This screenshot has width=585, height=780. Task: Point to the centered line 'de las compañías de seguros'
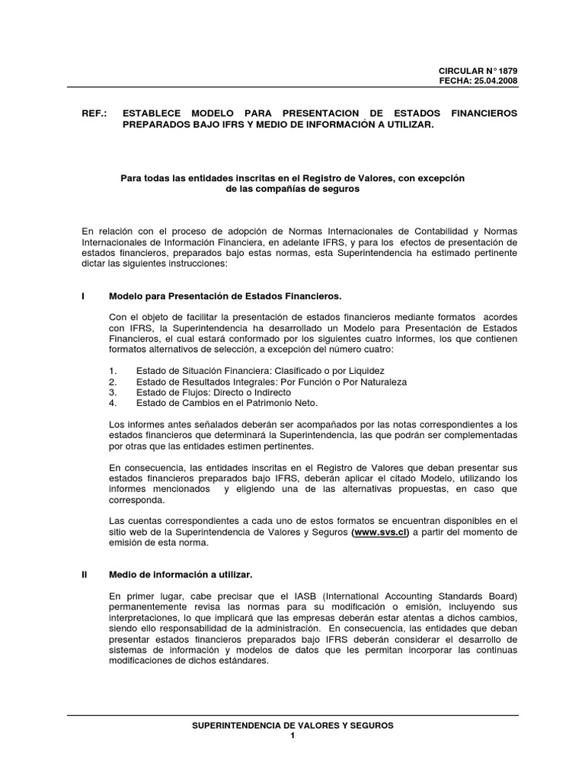(293, 189)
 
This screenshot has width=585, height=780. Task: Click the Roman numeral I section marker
(82, 296)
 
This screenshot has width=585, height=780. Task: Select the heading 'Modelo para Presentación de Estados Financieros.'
(225, 296)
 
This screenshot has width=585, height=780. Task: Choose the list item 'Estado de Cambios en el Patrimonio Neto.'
(226, 402)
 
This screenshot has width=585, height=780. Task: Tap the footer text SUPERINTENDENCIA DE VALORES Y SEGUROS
(292, 726)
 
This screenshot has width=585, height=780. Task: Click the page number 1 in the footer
(292, 737)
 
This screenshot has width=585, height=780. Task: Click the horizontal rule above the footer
(292, 715)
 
